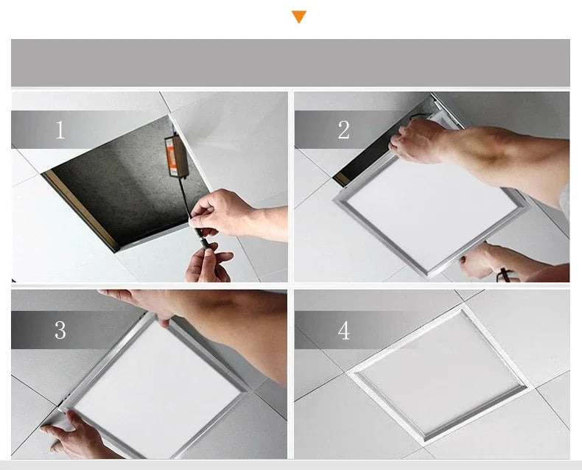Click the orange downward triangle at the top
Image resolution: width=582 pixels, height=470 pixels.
coord(298,16)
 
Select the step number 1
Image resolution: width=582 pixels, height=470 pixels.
coord(60,130)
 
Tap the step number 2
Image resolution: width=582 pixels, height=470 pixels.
coord(343,130)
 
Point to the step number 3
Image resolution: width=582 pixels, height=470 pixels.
coord(60,331)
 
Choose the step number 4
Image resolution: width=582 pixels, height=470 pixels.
coord(343,331)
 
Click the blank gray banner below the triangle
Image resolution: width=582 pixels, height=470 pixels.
coord(290,63)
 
